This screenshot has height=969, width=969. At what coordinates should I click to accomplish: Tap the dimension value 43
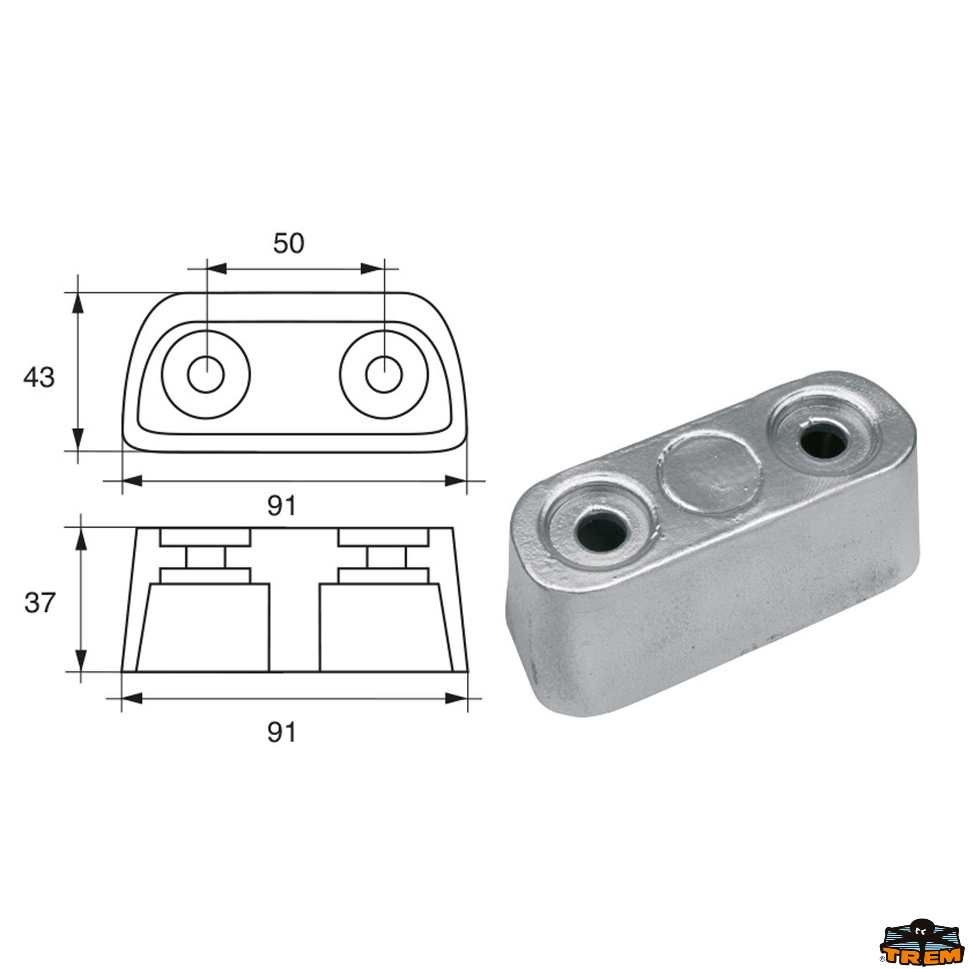[39, 377]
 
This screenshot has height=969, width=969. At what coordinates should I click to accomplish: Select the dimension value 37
[39, 602]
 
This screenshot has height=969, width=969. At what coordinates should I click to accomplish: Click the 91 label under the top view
[281, 505]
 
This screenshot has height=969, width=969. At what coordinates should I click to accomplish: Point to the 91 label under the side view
[281, 733]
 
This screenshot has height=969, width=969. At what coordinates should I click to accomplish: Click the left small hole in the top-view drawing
[206, 374]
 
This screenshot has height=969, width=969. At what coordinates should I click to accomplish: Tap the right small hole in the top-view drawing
[384, 374]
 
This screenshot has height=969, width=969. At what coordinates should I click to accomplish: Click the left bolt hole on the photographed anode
[601, 533]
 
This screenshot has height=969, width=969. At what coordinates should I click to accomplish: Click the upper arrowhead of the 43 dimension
[78, 304]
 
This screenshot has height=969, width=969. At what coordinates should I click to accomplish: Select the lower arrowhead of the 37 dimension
[81, 661]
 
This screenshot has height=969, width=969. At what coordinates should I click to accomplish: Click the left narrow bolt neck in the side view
[206, 557]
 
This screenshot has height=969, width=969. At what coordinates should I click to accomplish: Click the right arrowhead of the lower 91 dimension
[456, 698]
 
